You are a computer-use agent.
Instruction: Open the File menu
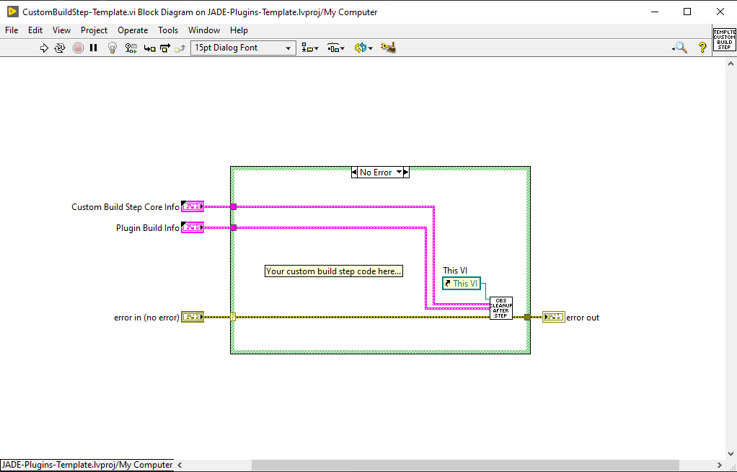tap(12, 30)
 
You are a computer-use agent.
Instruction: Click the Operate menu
tap(133, 30)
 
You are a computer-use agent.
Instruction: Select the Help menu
tap(239, 30)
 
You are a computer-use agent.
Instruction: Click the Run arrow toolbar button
tap(44, 48)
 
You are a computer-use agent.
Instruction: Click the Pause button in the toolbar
tap(94, 48)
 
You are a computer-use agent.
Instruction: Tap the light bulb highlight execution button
tap(112, 48)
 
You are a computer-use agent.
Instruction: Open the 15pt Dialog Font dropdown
tap(243, 48)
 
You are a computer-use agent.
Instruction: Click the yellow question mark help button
tap(702, 48)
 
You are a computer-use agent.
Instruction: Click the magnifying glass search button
tap(679, 48)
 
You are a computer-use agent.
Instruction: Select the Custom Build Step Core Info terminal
tap(193, 207)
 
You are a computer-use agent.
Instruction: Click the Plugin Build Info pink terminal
tap(193, 228)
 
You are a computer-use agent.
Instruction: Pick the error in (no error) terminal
tap(193, 317)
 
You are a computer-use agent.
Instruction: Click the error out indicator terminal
tap(553, 317)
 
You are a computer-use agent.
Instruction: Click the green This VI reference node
tap(462, 284)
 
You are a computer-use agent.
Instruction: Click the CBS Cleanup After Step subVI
tap(500, 308)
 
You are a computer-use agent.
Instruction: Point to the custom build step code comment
tap(334, 271)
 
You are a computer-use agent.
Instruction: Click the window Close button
tap(720, 12)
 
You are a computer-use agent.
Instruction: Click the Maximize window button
tap(687, 12)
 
